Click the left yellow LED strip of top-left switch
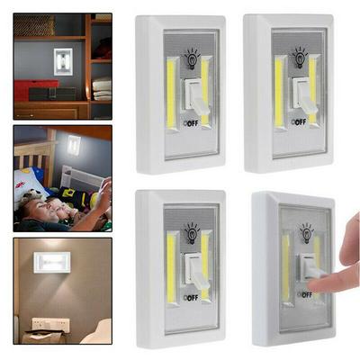pyautogui.click(x=171, y=93)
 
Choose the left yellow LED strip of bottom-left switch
pyautogui.click(x=170, y=268)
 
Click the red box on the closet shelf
pyautogui.click(x=31, y=89)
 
